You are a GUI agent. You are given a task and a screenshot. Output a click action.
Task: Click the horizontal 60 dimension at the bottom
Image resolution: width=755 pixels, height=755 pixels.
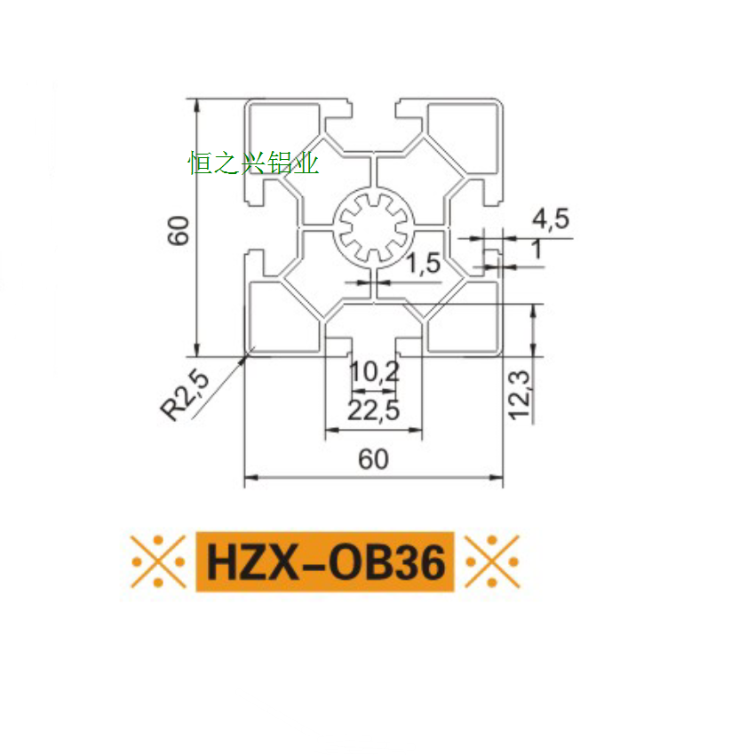tap(373, 459)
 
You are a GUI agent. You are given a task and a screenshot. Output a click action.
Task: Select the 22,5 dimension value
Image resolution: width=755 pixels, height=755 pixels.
tap(373, 410)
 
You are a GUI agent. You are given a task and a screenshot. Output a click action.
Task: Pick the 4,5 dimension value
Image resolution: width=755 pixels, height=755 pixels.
tap(550, 219)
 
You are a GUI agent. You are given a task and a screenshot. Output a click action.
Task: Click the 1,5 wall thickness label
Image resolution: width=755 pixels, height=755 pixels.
tap(423, 263)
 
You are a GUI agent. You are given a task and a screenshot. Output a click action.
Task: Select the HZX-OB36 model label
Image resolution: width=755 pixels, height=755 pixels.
tap(325, 561)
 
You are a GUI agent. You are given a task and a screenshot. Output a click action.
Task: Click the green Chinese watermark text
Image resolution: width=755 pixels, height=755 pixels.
tap(253, 163)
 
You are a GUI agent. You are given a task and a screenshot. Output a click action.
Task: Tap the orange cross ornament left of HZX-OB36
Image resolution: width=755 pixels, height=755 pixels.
tap(158, 561)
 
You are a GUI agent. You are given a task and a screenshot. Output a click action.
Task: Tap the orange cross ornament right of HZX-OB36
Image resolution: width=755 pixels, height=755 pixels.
tap(492, 561)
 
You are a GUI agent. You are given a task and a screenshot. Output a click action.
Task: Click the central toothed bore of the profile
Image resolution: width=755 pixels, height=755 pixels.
tap(373, 227)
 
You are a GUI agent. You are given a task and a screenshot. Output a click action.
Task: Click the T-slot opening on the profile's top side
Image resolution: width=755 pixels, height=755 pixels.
tap(373, 111)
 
